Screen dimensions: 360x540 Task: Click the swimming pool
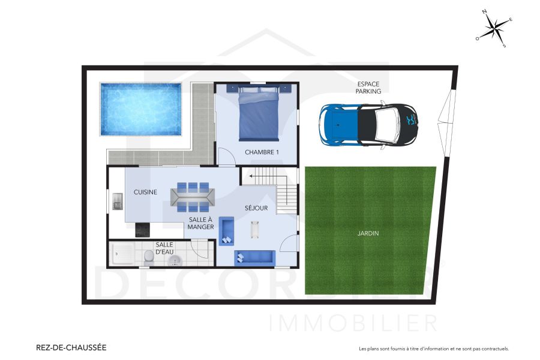[x=140, y=109]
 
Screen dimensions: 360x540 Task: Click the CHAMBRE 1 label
[x=262, y=152]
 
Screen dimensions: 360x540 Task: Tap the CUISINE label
[x=145, y=192]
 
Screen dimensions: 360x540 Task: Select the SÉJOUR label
[x=256, y=208]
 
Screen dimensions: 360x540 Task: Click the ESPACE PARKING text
[x=368, y=88]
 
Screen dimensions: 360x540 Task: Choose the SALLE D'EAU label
[x=164, y=248]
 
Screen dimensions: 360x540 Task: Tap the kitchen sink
[x=117, y=202]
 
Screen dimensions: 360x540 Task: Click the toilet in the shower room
[x=149, y=257]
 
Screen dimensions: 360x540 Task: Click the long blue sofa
[x=254, y=257]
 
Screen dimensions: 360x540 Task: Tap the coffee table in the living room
[x=255, y=229]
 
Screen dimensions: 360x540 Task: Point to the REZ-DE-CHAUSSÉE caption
[x=71, y=347]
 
